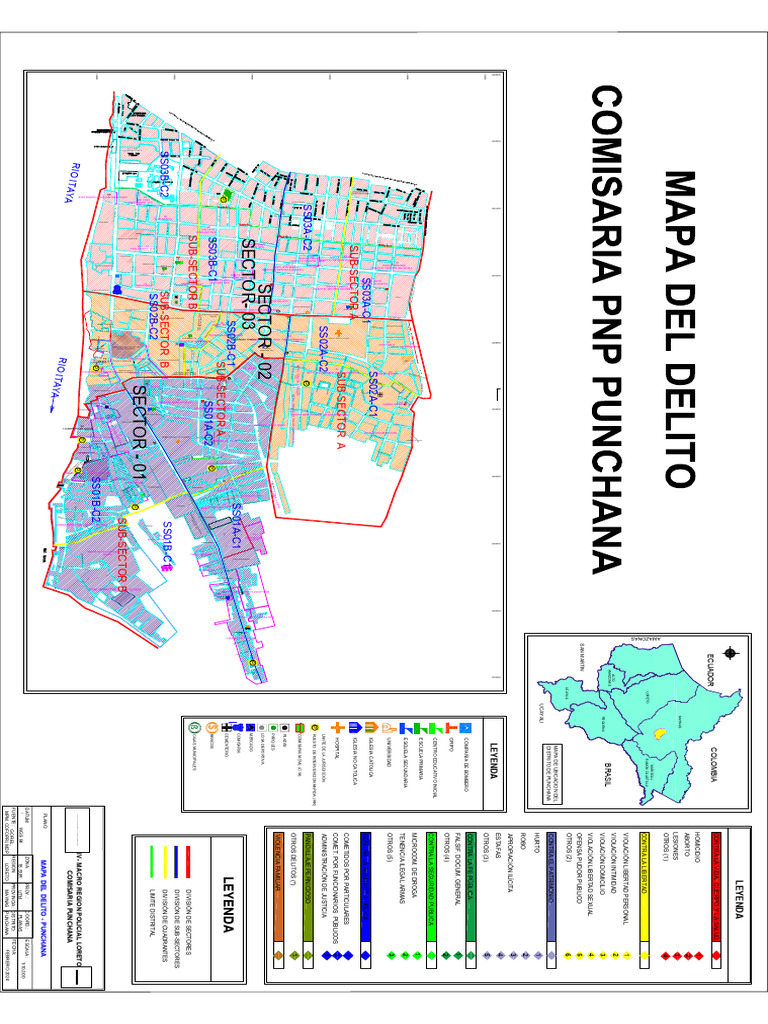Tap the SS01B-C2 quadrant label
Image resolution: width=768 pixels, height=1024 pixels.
(97, 501)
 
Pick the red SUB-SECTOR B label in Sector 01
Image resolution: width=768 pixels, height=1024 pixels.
(124, 555)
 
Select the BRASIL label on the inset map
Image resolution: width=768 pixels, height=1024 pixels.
(606, 775)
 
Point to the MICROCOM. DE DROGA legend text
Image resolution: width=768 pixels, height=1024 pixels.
(412, 881)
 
